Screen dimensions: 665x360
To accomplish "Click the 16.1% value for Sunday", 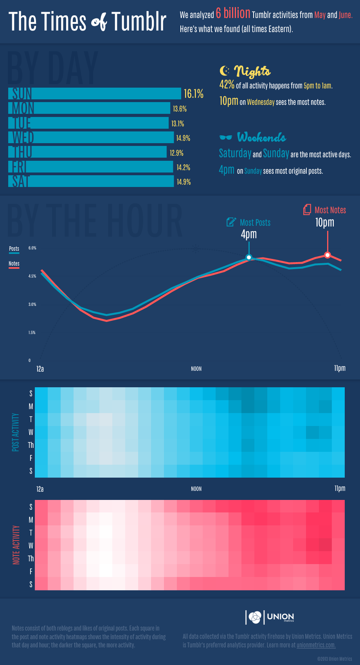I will (193, 94).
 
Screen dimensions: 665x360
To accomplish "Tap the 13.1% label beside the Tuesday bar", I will (177, 124).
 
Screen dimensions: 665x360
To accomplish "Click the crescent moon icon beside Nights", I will (225, 71).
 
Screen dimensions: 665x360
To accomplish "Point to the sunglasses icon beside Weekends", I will (226, 137).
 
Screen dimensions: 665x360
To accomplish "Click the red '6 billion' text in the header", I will (233, 14).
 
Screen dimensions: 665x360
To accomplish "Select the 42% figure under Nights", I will (227, 84).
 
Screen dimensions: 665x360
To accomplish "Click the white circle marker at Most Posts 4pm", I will (248, 257).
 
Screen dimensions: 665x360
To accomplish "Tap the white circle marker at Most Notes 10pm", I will (328, 255).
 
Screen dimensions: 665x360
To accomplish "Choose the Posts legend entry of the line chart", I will (14, 249).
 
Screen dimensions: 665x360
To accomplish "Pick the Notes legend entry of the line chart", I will (14, 264).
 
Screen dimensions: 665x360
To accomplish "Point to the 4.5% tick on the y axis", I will (32, 276).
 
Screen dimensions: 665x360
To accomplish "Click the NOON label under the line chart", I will (196, 369).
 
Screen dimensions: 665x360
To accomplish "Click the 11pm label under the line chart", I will (340, 368).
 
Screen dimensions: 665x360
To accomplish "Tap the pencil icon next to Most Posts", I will (231, 222).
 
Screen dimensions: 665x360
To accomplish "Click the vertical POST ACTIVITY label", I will (16, 432).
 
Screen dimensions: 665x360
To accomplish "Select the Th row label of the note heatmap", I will (31, 559).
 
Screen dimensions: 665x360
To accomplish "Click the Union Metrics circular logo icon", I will (255, 617).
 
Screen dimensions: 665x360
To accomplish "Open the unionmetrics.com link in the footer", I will (316, 645).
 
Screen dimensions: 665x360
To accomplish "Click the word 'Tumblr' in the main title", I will (139, 22).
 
